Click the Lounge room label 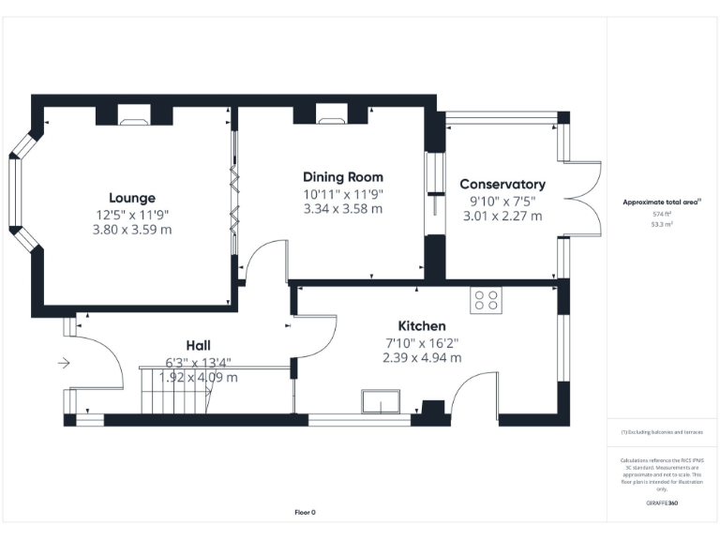click(x=132, y=198)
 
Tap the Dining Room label click(x=342, y=176)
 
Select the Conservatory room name click(x=502, y=185)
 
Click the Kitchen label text click(x=421, y=325)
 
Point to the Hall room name click(x=198, y=346)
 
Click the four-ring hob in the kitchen click(x=486, y=300)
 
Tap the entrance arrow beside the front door click(x=64, y=363)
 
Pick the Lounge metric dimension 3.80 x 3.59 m click(x=132, y=228)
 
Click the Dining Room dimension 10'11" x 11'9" click(x=343, y=194)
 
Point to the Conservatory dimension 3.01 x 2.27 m click(x=502, y=216)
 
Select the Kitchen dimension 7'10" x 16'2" click(x=421, y=342)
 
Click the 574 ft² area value click(x=662, y=214)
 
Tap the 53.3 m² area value click(x=662, y=225)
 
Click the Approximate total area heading click(x=662, y=202)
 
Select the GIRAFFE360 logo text click(x=662, y=503)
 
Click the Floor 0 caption click(x=306, y=512)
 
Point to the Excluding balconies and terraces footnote click(x=662, y=432)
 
